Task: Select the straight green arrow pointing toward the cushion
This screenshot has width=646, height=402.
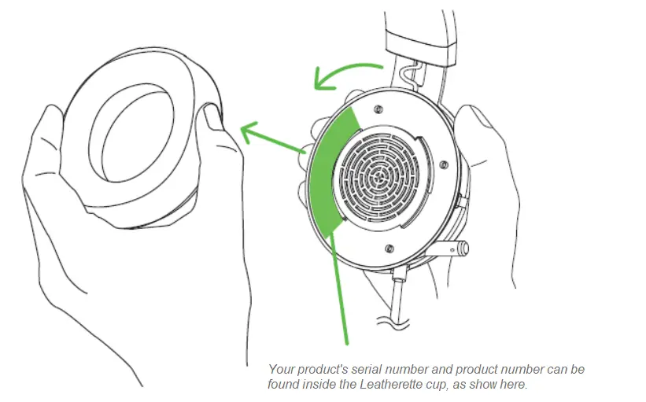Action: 271,138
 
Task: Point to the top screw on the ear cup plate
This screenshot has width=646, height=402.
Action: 379,109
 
